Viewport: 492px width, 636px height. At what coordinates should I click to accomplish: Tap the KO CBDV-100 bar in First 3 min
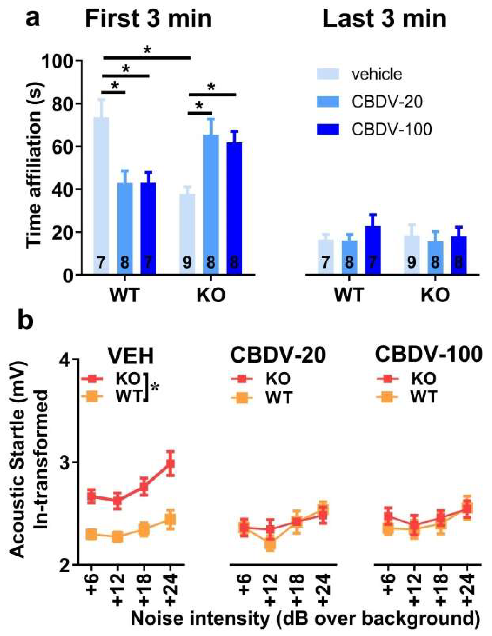pyautogui.click(x=234, y=209)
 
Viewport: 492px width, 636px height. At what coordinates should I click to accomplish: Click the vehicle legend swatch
pyautogui.click(x=328, y=74)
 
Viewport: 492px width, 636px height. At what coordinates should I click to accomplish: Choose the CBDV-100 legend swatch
pyautogui.click(x=328, y=129)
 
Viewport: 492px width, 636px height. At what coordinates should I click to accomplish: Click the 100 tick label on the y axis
pyautogui.click(x=58, y=61)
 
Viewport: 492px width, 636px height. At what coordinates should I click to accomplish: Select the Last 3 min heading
pyautogui.click(x=385, y=19)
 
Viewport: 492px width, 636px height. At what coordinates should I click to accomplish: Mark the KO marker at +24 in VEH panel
pyautogui.click(x=171, y=464)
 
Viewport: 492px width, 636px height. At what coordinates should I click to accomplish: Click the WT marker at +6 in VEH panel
pyautogui.click(x=92, y=534)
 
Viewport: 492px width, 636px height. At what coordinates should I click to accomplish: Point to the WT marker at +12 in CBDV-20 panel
pyautogui.click(x=270, y=545)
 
